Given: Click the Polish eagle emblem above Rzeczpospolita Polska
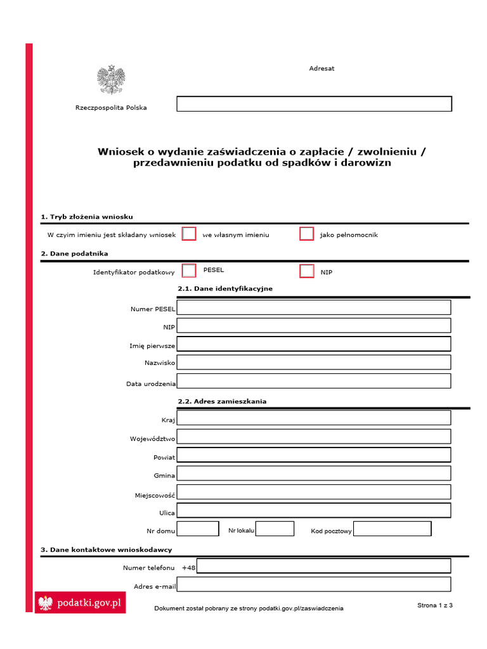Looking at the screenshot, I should click(x=111, y=80).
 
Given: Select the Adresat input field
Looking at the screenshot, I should click(x=314, y=104).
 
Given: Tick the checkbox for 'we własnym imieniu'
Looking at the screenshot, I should click(x=189, y=234).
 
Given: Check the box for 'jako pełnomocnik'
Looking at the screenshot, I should click(x=307, y=234).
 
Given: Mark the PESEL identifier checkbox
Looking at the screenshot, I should click(x=189, y=271).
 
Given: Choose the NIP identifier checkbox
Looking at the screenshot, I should click(x=307, y=271).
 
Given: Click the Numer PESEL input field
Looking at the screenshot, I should click(x=314, y=308).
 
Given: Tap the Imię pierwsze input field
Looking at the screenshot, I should click(x=314, y=344).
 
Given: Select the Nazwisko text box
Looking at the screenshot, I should click(x=314, y=362).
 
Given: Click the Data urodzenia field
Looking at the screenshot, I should click(x=314, y=381).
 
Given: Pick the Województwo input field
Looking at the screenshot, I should click(x=314, y=437).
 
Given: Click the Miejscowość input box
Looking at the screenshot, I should click(x=314, y=492).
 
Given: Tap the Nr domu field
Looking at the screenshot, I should click(x=198, y=529).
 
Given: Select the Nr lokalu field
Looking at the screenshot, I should click(x=275, y=529).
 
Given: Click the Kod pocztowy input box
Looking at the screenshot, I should click(x=392, y=529).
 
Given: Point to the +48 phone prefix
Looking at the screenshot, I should click(x=189, y=568).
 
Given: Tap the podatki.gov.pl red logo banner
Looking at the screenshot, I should click(x=80, y=603).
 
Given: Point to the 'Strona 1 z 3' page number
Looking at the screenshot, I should click(x=435, y=605).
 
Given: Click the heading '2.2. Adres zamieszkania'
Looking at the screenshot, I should click(x=222, y=401).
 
